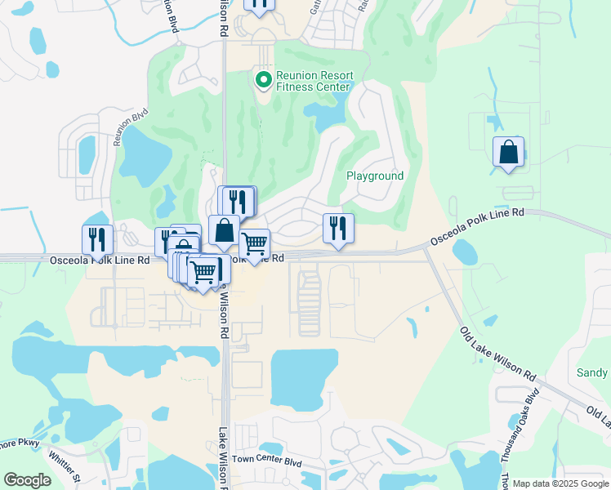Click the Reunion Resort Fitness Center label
tap(313, 81)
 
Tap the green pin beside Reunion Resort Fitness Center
tap(263, 80)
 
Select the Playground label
tap(375, 176)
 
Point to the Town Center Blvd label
tap(266, 461)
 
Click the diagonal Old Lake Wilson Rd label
tap(498, 356)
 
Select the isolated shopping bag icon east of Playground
tap(509, 153)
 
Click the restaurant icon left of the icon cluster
tap(97, 240)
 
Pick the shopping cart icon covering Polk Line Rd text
tap(255, 244)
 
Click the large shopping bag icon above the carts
tap(224, 231)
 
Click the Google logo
tap(27, 480)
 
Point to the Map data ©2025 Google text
tap(560, 483)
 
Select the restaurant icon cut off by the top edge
tap(260, 5)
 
